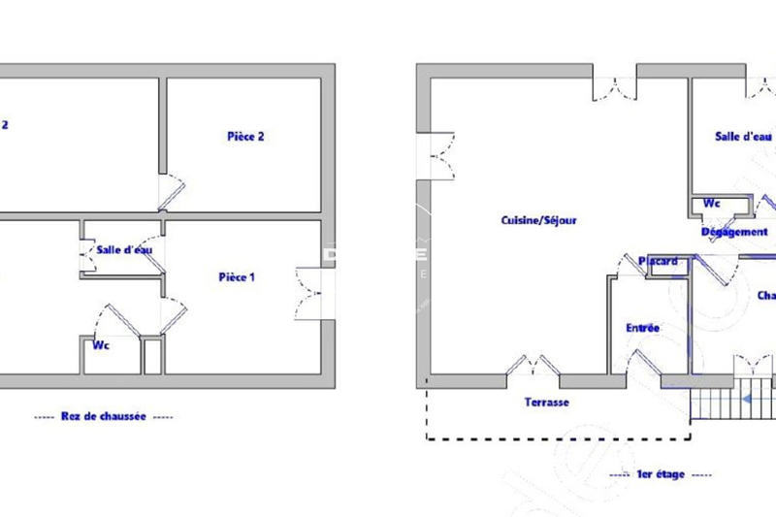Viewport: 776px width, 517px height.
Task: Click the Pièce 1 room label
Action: [x=237, y=277]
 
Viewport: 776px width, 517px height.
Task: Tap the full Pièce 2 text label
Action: [x=245, y=137]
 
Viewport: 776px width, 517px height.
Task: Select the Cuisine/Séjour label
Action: [x=539, y=220]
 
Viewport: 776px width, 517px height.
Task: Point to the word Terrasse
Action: [x=546, y=403]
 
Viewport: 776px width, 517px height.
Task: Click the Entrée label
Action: [x=641, y=329]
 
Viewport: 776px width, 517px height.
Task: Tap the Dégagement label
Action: [x=734, y=233]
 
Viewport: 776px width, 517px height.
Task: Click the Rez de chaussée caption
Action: [x=103, y=417]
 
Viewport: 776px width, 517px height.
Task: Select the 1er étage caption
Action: [x=660, y=474]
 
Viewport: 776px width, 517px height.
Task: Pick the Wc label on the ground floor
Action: [x=100, y=345]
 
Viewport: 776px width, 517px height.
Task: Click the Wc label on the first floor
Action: [x=711, y=204]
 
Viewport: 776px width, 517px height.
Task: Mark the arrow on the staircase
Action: [x=750, y=397]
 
